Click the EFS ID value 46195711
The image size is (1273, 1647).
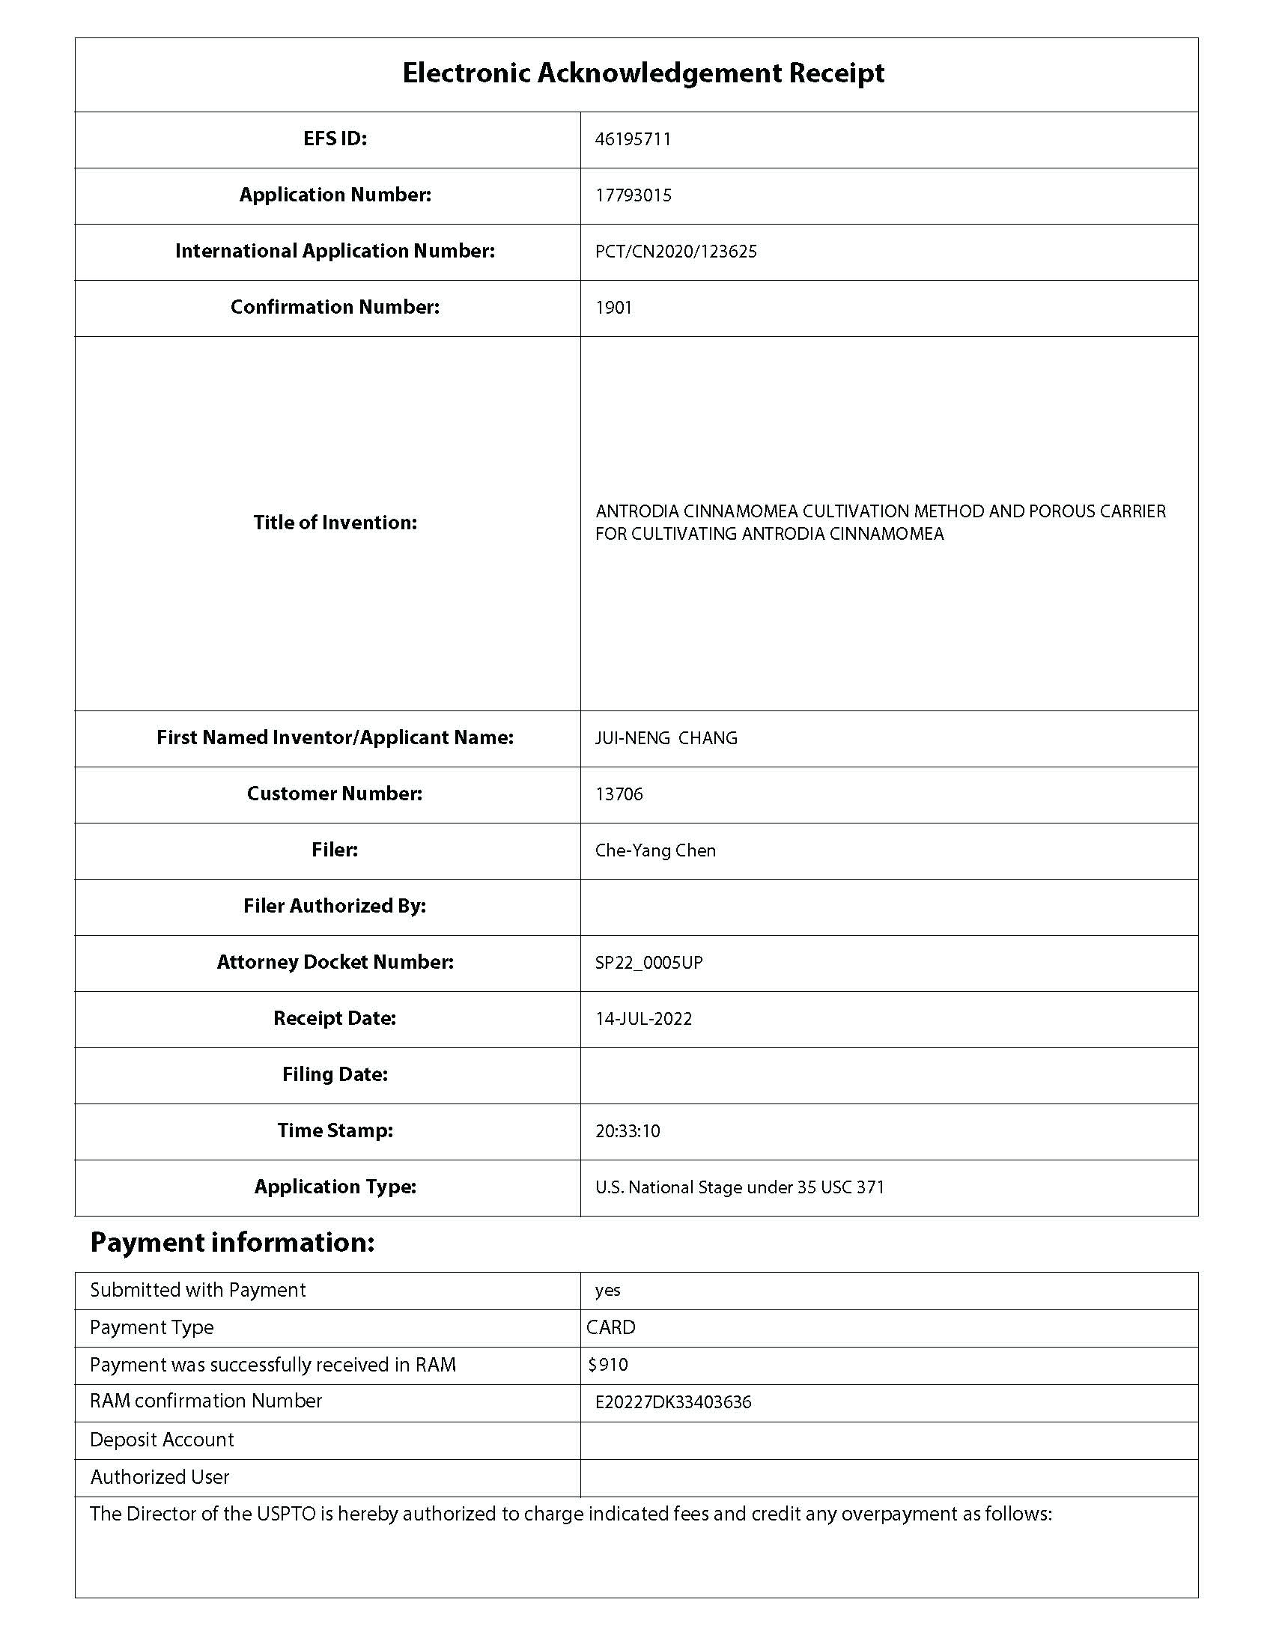click(x=633, y=139)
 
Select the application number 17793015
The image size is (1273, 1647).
click(x=633, y=195)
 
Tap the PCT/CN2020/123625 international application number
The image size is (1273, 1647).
click(x=675, y=252)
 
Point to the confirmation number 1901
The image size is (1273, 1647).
click(x=613, y=308)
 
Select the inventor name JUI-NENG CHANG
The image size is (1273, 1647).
click(x=666, y=738)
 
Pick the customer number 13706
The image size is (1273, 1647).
click(x=619, y=794)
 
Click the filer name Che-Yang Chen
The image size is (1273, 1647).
click(x=654, y=850)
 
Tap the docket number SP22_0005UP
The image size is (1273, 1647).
click(x=648, y=963)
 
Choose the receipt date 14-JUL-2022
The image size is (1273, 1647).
click(x=643, y=1019)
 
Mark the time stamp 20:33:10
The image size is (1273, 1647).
click(x=628, y=1131)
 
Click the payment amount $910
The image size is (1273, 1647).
click(x=608, y=1364)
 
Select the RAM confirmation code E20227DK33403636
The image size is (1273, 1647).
click(x=672, y=1402)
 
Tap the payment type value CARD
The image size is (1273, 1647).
click(x=611, y=1327)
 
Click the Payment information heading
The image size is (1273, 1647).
click(x=232, y=1242)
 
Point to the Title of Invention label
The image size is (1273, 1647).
click(x=335, y=523)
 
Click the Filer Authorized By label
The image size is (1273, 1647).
click(x=335, y=906)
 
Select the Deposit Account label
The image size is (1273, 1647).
click(x=162, y=1440)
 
